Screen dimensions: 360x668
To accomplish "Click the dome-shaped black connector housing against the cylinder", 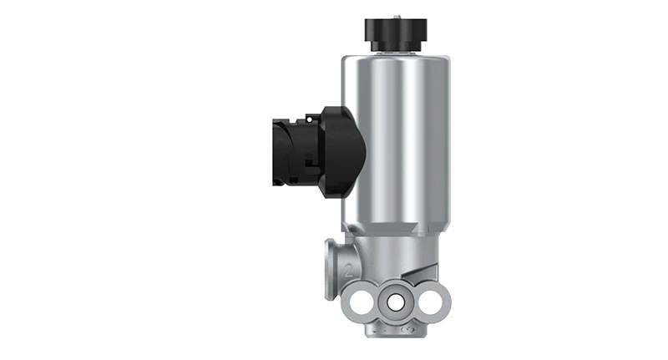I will click(347, 155).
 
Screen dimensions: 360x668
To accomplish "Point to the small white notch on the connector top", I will click(311, 114).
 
